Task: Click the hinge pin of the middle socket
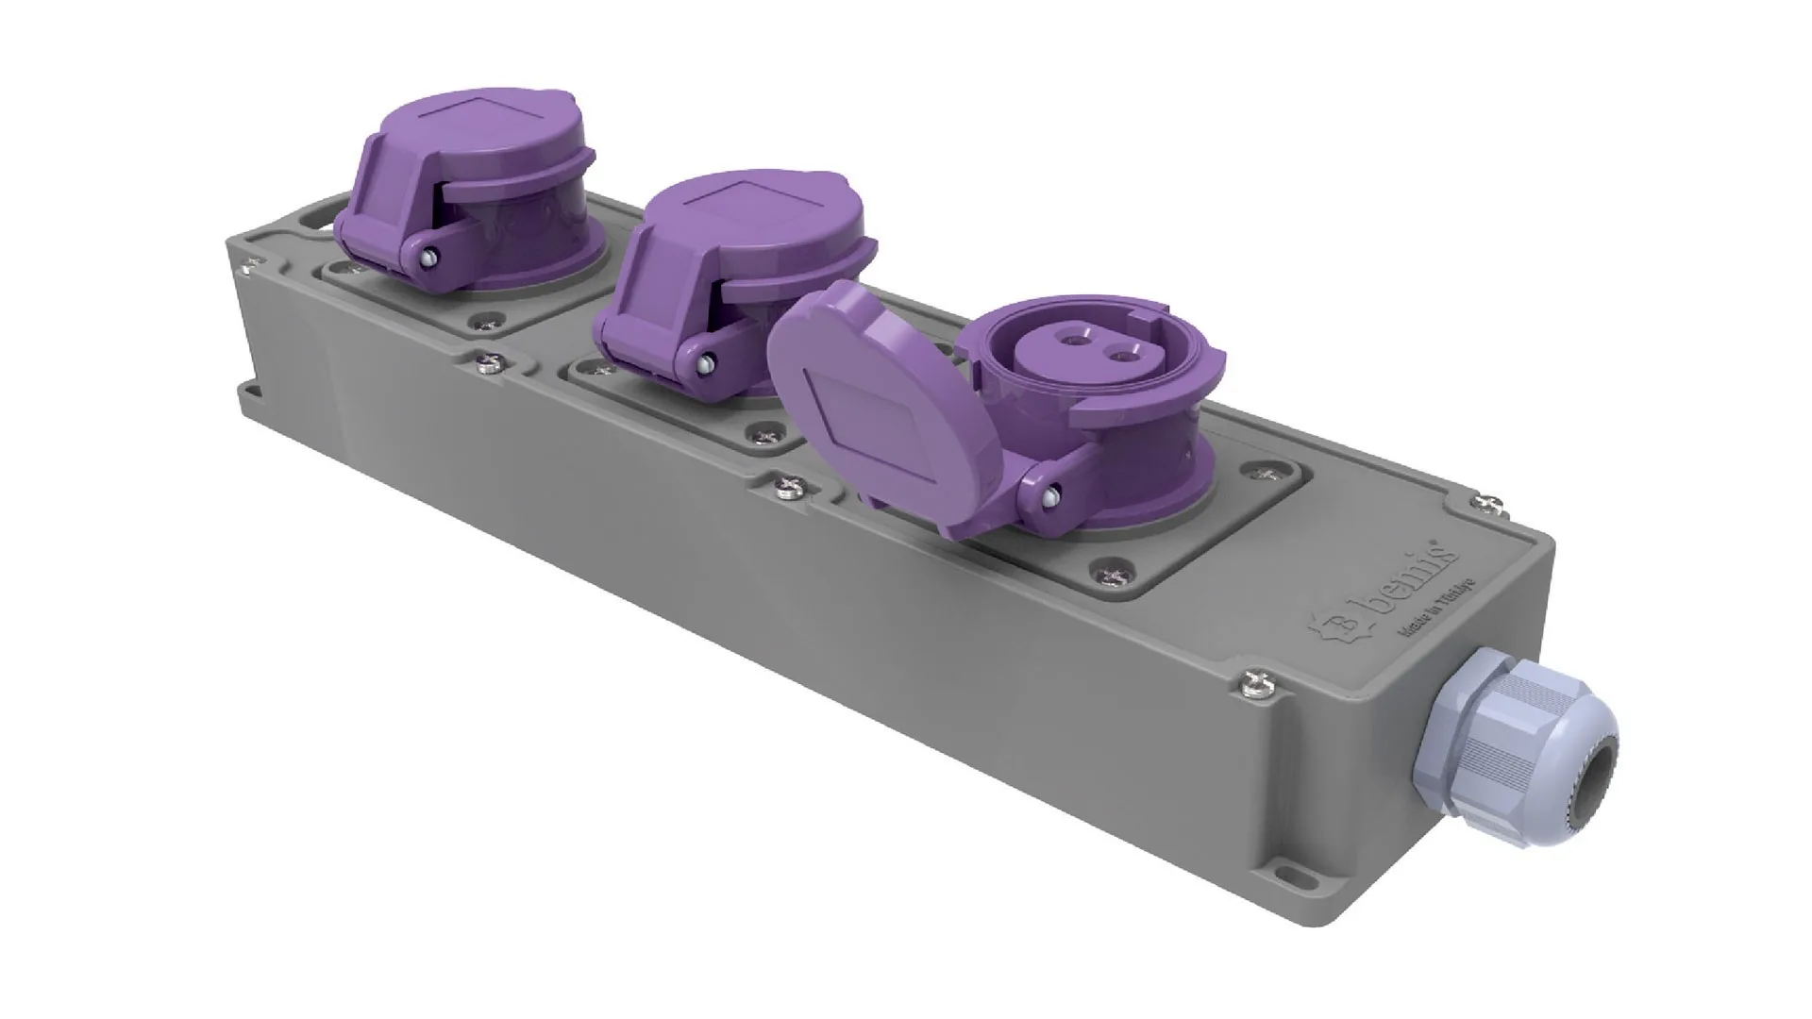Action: click(704, 362)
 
